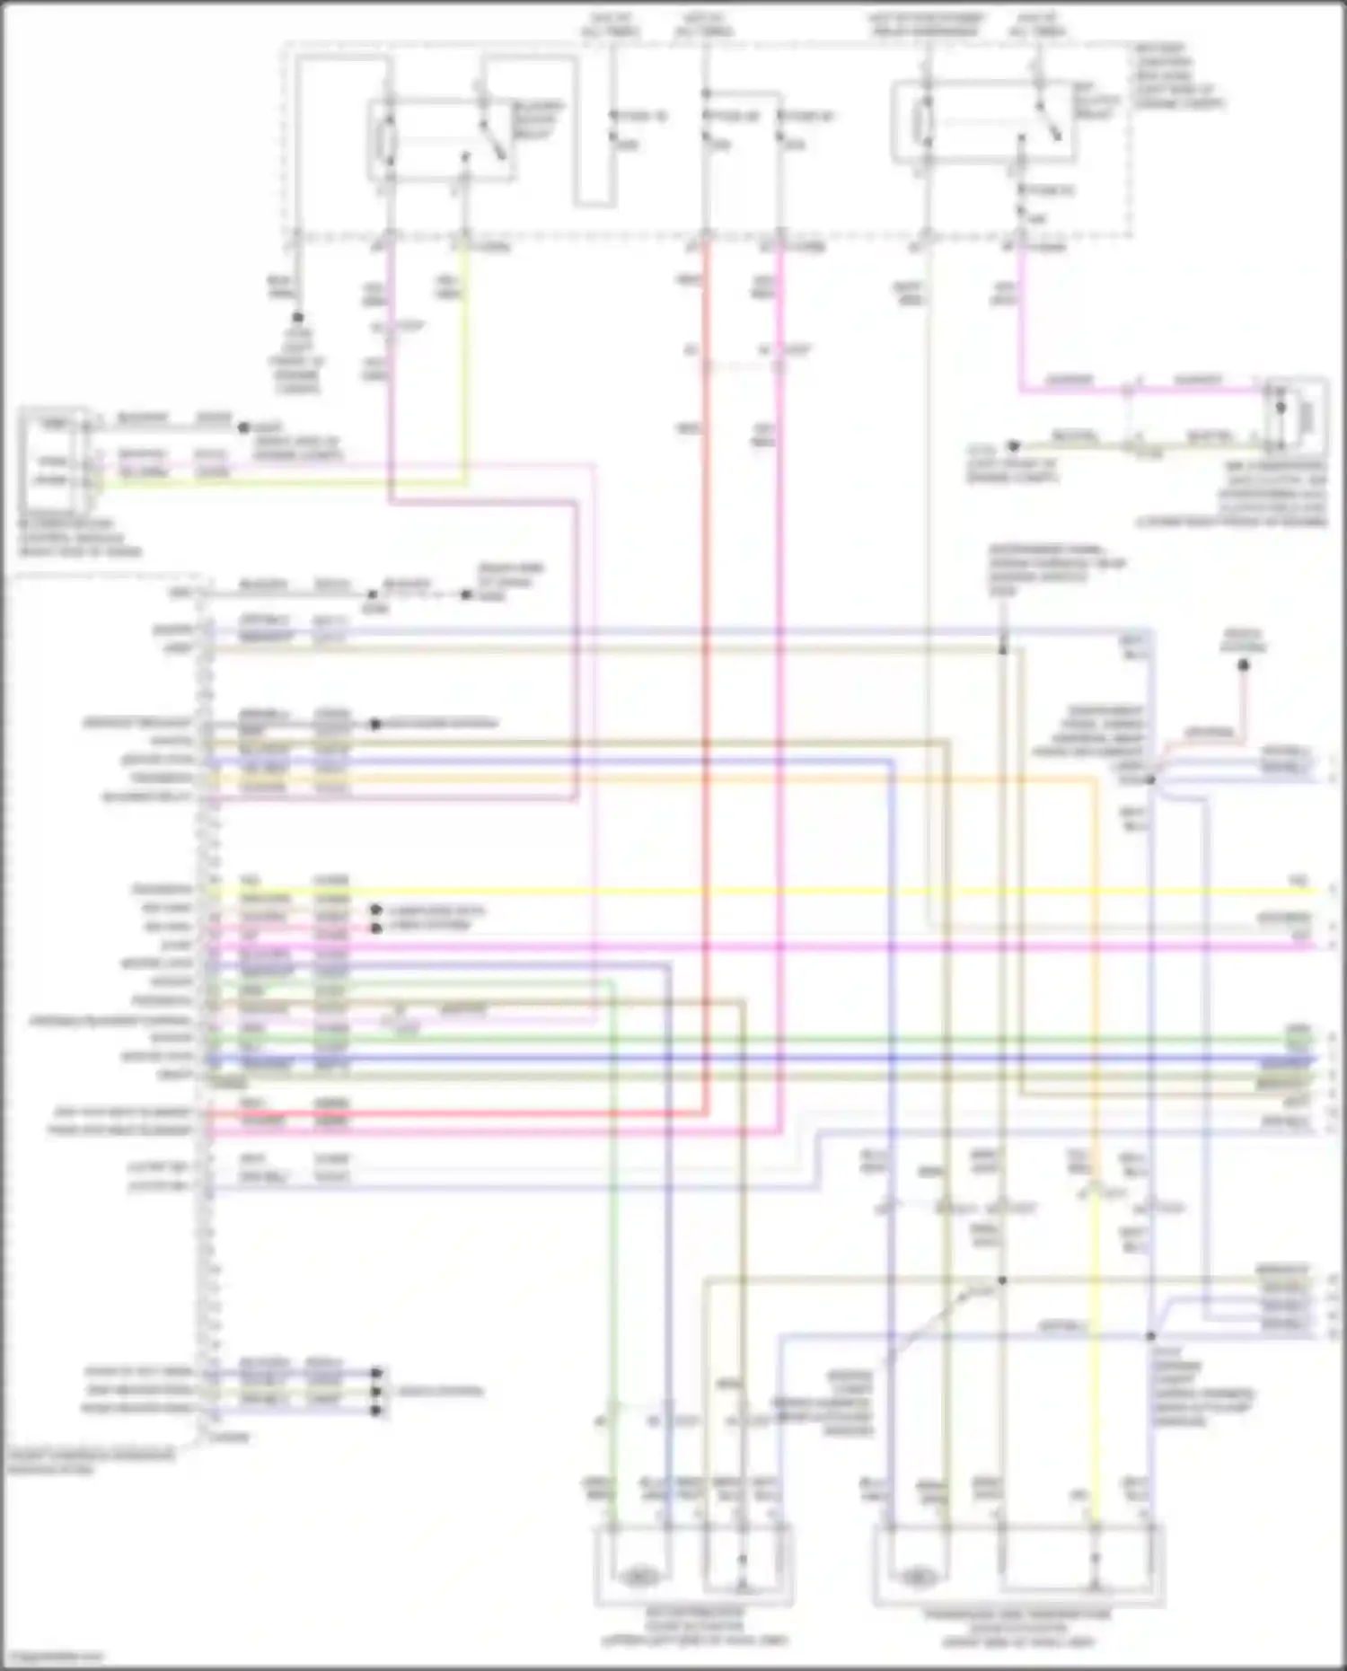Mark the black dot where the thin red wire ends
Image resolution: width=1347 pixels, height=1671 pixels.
[x=1244, y=665]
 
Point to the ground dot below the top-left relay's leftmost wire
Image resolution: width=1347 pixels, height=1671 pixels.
[x=297, y=318]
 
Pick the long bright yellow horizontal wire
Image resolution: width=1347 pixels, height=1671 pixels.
[x=763, y=891]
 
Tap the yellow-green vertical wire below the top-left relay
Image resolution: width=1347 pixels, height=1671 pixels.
[x=464, y=359]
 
